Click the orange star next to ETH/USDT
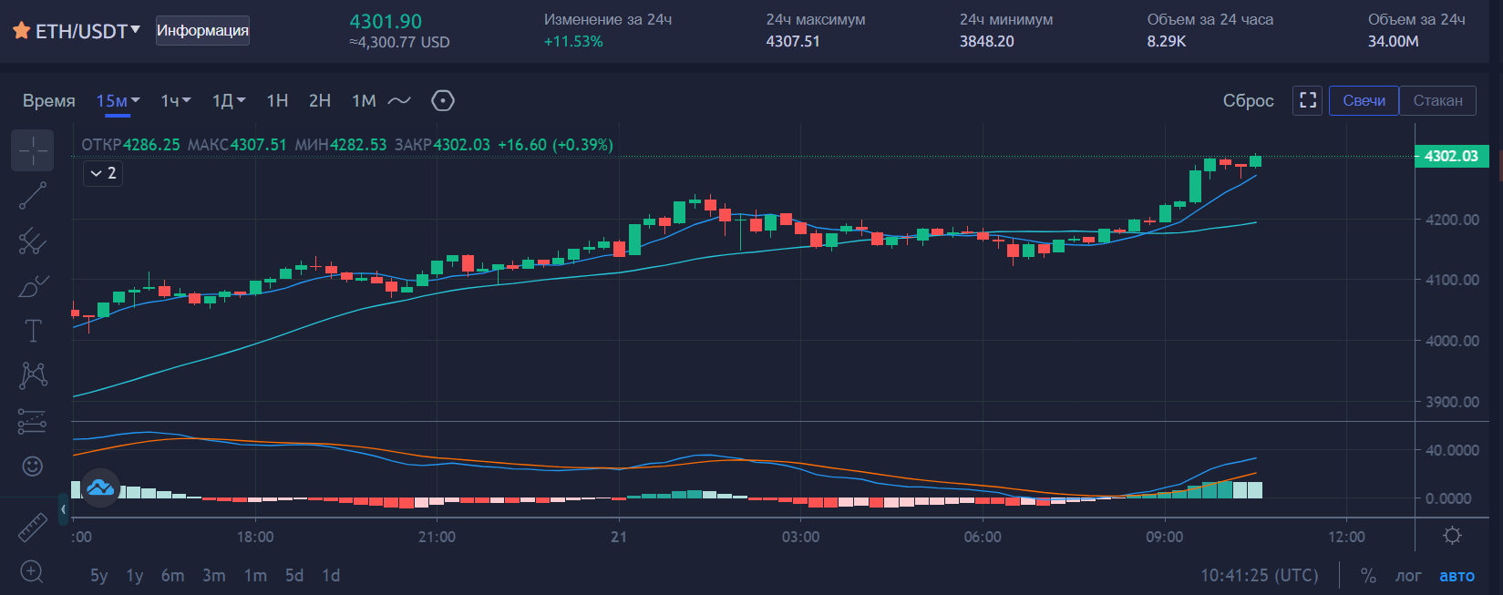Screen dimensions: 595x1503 (x=21, y=31)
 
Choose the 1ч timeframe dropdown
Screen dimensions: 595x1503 (x=175, y=101)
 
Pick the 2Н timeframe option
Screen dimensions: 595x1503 (x=320, y=101)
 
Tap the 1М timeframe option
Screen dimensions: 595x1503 (x=364, y=101)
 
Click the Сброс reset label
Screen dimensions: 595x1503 (x=1248, y=101)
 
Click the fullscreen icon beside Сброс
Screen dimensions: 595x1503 (x=1308, y=100)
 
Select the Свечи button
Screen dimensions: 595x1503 (x=1364, y=100)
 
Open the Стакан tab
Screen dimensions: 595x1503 (x=1437, y=100)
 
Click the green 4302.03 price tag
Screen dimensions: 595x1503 (x=1451, y=157)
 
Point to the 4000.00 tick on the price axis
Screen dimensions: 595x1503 (x=1452, y=341)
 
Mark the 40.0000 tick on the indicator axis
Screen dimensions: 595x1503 (x=1452, y=450)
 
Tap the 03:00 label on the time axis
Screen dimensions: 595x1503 (x=800, y=537)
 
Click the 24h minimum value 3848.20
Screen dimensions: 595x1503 (x=986, y=41)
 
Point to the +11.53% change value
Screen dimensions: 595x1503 (x=573, y=41)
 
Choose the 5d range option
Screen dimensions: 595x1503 (x=293, y=576)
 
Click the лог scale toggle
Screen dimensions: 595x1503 (x=1408, y=576)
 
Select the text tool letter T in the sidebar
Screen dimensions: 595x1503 (x=33, y=331)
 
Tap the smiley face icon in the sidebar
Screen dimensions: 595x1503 (x=33, y=467)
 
